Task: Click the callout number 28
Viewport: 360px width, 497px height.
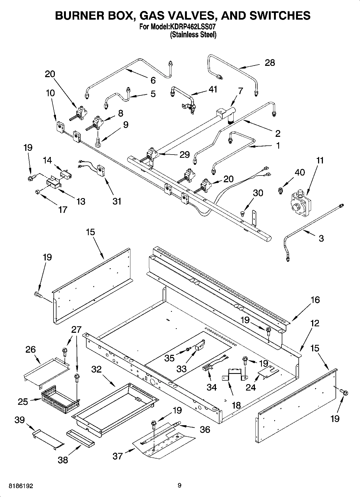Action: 270,63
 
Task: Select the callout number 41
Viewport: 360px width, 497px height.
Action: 213,89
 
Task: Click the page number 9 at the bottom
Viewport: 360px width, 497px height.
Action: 179,485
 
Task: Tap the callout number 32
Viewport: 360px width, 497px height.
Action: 96,369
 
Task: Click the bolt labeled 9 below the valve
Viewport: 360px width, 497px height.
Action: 98,142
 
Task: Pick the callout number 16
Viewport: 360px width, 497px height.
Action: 315,300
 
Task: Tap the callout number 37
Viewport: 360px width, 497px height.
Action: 118,456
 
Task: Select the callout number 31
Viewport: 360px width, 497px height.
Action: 117,201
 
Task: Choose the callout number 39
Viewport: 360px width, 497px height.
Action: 20,420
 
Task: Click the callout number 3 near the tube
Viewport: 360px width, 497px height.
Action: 321,238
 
